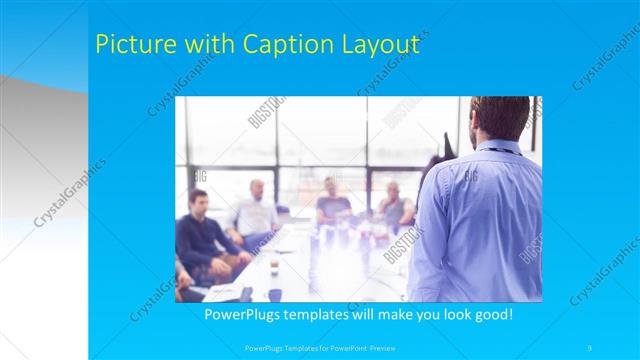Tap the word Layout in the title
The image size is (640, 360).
point(379,44)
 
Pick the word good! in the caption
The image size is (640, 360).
point(491,314)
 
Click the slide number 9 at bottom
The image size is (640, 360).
point(590,347)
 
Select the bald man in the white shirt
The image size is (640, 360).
point(256,210)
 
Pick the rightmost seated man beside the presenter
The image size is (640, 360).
point(394,205)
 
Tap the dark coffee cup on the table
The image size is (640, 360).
point(275,295)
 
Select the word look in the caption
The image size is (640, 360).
point(445,314)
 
